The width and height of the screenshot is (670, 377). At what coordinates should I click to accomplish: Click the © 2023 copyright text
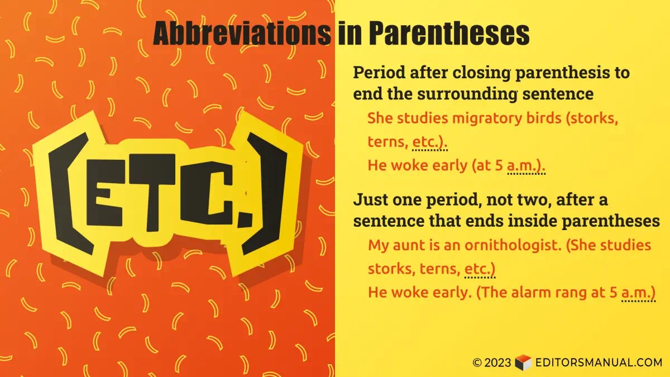point(491,362)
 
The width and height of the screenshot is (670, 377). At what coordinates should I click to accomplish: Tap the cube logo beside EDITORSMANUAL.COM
point(523,362)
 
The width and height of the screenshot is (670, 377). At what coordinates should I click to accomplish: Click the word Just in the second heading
point(372,199)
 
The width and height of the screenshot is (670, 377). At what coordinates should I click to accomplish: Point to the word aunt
point(410,245)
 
